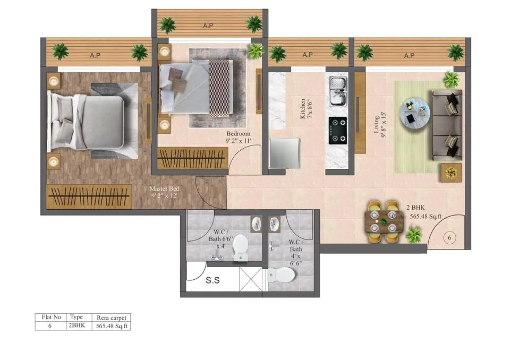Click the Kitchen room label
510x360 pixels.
[306, 109]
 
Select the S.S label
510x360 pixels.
[212, 280]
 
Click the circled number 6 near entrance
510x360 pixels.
[449, 238]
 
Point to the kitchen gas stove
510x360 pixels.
[338, 131]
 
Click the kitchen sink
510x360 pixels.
[338, 91]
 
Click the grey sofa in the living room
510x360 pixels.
[447, 125]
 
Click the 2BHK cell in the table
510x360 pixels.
[76, 325]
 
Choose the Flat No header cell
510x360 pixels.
[51, 317]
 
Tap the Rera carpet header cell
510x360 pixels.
[112, 318]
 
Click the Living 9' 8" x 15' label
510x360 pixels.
[379, 125]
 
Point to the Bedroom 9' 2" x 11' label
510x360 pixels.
[239, 137]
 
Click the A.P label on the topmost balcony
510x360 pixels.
[208, 25]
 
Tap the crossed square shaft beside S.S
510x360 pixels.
[251, 279]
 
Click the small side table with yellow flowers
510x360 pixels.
[451, 173]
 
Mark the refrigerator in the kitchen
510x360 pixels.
[284, 153]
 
